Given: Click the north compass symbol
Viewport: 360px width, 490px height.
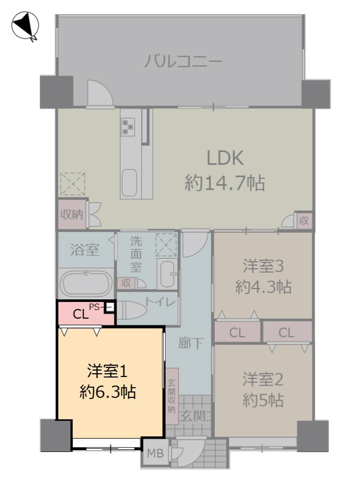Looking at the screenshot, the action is coord(25,26).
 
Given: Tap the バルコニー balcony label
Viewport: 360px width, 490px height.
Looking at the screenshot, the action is coord(183,61).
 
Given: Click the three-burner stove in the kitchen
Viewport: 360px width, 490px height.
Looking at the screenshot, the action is coord(128,126).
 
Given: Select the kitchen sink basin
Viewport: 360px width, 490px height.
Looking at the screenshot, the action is coord(129,183).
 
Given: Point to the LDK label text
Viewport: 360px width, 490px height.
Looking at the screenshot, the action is coord(225,158).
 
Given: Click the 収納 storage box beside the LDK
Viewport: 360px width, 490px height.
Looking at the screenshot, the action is coord(72,214).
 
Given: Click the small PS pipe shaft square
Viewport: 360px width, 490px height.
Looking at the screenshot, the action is coord(109,307).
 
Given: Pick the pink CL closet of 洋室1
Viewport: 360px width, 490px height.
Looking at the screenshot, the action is coord(86,313).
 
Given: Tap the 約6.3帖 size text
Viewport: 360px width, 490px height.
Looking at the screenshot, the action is coord(108,392).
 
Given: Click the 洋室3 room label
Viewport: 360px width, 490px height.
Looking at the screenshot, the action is coord(263,266).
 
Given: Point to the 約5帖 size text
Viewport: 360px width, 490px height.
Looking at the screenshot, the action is coord(263,400).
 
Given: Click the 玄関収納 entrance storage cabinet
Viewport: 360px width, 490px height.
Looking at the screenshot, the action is coord(172,396).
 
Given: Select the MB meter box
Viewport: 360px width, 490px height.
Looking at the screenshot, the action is coord(155,453).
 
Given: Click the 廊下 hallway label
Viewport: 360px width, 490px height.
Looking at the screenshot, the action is coord(191,343).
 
